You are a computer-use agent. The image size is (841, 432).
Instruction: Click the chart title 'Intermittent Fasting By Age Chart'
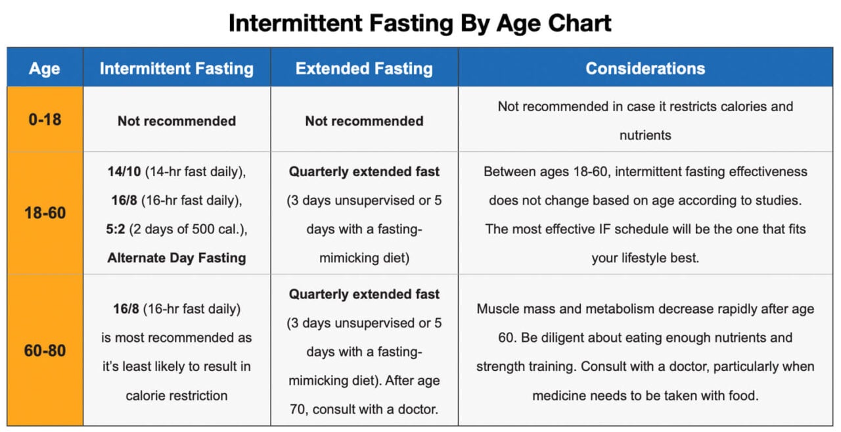tap(420, 23)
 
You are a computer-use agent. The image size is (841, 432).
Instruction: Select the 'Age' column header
tap(45, 68)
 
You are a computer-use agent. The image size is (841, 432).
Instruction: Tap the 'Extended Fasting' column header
tap(364, 68)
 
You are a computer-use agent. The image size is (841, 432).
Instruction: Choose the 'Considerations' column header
tap(645, 68)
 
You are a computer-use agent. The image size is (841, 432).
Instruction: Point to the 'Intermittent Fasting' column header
tap(176, 68)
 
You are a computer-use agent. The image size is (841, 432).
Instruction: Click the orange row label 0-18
tap(45, 120)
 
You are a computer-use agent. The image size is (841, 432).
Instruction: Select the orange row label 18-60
tap(45, 213)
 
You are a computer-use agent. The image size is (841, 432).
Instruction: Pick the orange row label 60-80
tap(45, 350)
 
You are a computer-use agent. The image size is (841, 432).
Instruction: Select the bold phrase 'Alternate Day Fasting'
tap(176, 258)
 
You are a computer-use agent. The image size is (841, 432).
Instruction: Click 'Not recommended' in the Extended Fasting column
tap(364, 121)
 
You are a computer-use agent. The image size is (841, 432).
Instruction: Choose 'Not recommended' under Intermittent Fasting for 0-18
tap(176, 121)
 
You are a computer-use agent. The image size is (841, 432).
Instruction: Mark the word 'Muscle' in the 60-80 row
tap(497, 309)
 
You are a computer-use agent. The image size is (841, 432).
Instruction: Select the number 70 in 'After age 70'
tap(300, 410)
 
